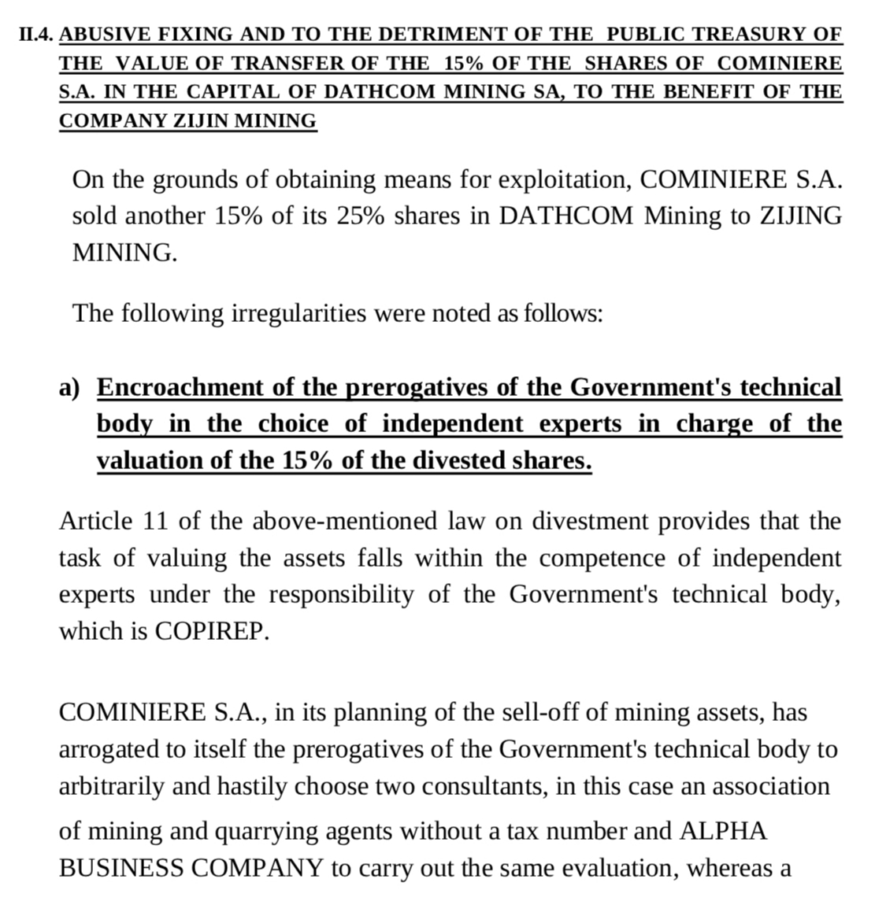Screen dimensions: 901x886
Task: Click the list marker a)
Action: coord(69,388)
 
